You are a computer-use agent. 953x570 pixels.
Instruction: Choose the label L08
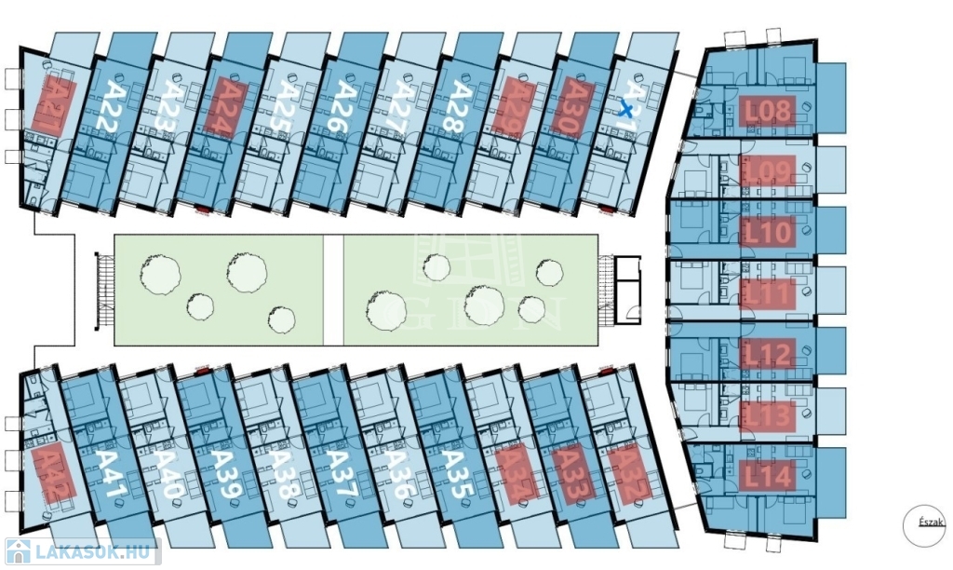tap(768, 114)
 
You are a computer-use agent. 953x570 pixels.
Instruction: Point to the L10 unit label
tap(768, 232)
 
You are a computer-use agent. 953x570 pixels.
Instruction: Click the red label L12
tap(768, 353)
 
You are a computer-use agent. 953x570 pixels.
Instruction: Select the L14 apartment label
tap(768, 477)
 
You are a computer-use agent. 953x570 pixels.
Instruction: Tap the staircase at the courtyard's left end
tap(104, 291)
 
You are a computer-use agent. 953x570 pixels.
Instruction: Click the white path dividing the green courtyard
tap(333, 291)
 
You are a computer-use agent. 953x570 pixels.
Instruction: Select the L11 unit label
tap(768, 294)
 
